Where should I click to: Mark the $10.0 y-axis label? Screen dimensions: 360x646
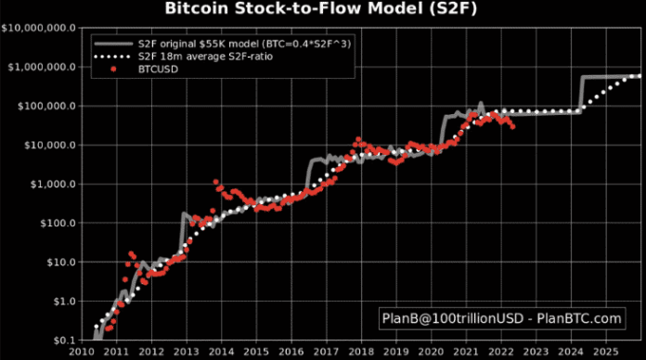(58, 262)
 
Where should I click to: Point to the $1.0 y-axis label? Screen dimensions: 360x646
(61, 301)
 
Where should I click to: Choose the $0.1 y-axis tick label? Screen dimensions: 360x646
(61, 340)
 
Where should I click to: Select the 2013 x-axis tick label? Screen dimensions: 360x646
(184, 353)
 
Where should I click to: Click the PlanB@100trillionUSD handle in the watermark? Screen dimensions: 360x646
(450, 319)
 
